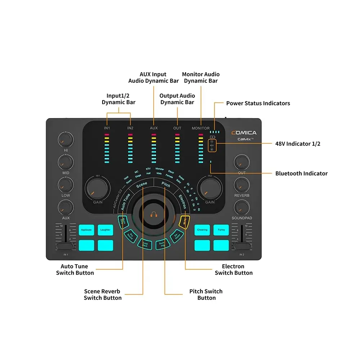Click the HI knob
point(66,139)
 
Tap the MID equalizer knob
point(66,162)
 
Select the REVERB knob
point(242,185)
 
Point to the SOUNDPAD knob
point(242,207)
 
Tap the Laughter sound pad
point(105,230)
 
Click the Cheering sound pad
point(202,230)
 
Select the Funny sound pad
point(221,230)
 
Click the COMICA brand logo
point(244,133)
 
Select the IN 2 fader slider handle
point(242,247)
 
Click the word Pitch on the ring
point(166,184)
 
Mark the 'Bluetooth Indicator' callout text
point(301,174)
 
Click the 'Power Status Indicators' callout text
point(258,103)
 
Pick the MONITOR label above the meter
point(201,128)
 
